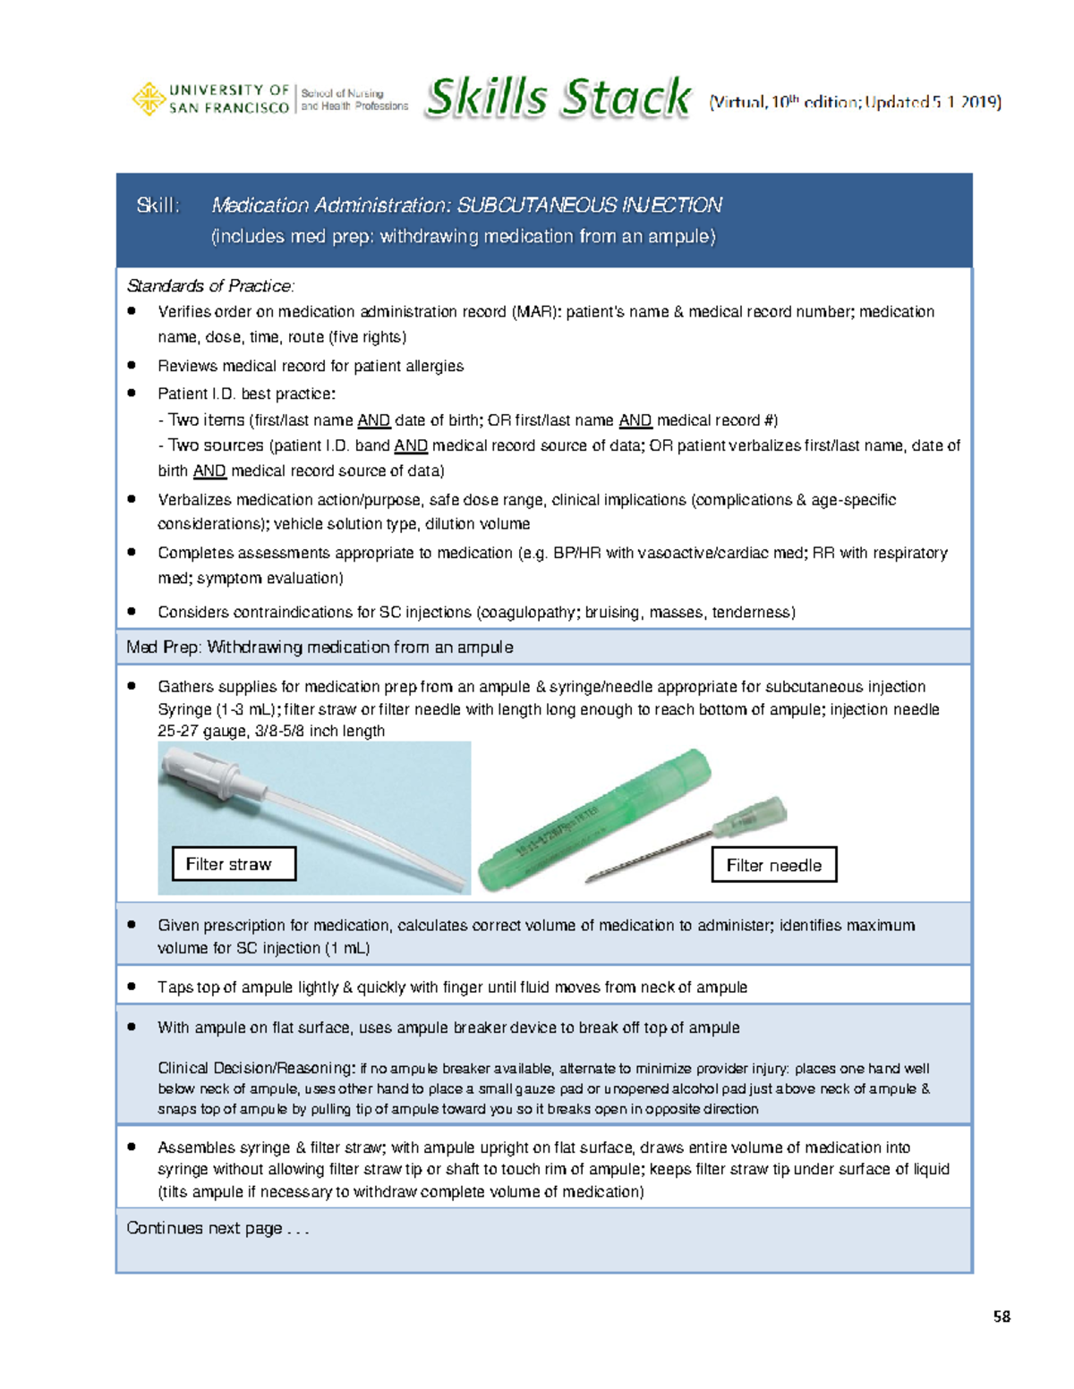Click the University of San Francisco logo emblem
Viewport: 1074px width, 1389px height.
tap(148, 98)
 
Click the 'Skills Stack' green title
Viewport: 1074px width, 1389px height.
tap(558, 98)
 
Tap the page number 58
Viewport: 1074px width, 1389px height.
tap(1002, 1317)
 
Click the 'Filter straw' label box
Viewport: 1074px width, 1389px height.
tap(234, 864)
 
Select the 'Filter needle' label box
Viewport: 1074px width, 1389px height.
tap(774, 865)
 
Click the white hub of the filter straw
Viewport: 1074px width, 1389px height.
tap(207, 771)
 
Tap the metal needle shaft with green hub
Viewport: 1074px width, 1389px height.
tap(680, 841)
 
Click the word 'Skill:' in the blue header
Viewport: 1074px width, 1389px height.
tap(158, 206)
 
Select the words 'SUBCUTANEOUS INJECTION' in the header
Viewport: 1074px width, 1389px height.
tap(589, 206)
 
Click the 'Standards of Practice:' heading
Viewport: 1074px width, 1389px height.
tap(210, 286)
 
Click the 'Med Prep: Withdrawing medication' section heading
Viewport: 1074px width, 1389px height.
tap(320, 647)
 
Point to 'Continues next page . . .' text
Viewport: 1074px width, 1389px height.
tap(217, 1228)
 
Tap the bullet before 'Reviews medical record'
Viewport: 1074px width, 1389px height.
tap(132, 365)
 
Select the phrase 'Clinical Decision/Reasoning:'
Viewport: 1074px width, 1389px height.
tap(256, 1068)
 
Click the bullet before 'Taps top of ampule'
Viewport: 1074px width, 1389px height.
tap(132, 987)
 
